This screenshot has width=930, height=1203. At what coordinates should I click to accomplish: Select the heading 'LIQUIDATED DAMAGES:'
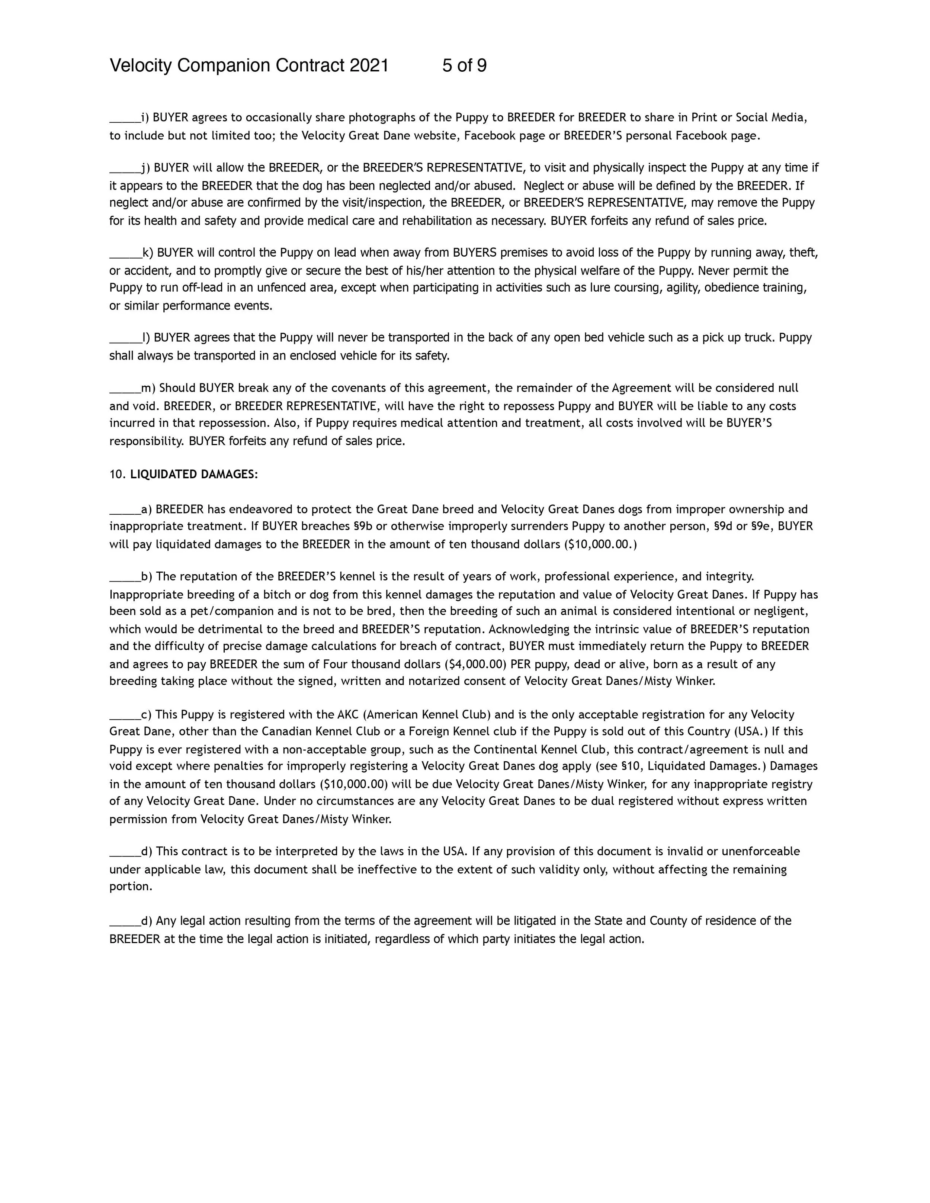tap(194, 474)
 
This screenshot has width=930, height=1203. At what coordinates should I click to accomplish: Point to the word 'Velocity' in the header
tap(141, 65)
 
